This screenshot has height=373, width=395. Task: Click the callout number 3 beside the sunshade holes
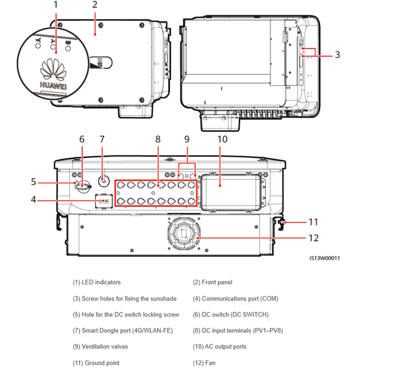(x=338, y=55)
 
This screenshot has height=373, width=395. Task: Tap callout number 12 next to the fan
(x=314, y=238)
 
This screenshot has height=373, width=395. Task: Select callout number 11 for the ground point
(x=313, y=222)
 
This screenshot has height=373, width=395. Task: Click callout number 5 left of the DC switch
(x=34, y=182)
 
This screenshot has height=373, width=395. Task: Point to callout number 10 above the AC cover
(x=222, y=139)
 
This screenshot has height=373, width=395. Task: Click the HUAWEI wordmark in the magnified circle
(x=53, y=86)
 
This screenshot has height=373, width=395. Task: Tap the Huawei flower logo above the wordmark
(x=53, y=69)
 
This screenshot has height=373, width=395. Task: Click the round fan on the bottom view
(x=185, y=233)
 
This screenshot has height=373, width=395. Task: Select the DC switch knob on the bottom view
(x=83, y=186)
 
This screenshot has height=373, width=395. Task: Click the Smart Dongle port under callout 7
(x=104, y=181)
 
